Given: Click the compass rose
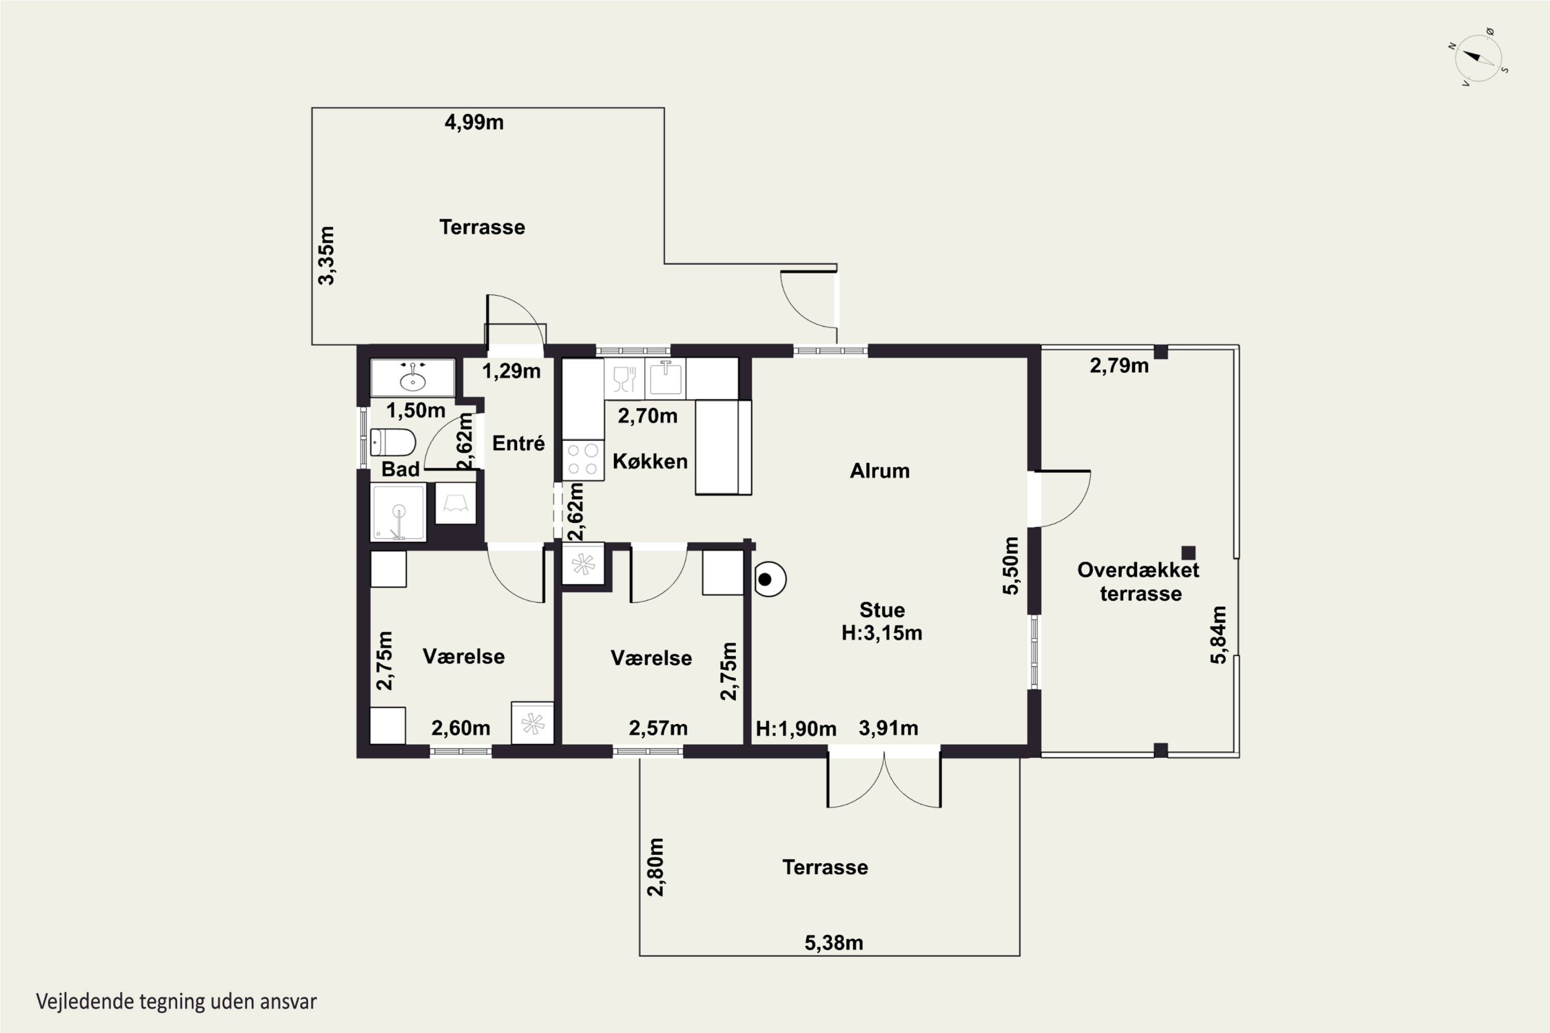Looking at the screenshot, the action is pyautogui.click(x=1478, y=57).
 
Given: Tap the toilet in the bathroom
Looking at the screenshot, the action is pyautogui.click(x=392, y=442).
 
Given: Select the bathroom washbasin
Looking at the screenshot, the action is pyautogui.click(x=412, y=378).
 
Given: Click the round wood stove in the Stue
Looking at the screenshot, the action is pyautogui.click(x=769, y=579).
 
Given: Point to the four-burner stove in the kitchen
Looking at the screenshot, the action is pyautogui.click(x=583, y=460).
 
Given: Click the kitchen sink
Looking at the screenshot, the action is pyautogui.click(x=665, y=378).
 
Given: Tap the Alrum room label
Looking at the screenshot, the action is pyautogui.click(x=879, y=471).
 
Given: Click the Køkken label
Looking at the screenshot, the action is pyautogui.click(x=650, y=461).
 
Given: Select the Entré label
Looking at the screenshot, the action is pyautogui.click(x=518, y=443).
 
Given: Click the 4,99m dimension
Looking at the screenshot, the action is pyautogui.click(x=474, y=122).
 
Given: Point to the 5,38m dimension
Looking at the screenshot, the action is pyautogui.click(x=834, y=943).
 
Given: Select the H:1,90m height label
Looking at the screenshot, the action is pyautogui.click(x=796, y=729).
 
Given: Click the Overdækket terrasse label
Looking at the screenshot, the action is pyautogui.click(x=1139, y=581).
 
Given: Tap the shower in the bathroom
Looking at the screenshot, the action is pyautogui.click(x=398, y=512).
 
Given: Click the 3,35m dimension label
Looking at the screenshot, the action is pyautogui.click(x=326, y=256).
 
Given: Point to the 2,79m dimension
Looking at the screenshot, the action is pyautogui.click(x=1119, y=366).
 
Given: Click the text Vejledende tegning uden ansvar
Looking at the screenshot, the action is pyautogui.click(x=177, y=1001).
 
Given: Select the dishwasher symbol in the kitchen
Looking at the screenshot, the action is pyautogui.click(x=624, y=378).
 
